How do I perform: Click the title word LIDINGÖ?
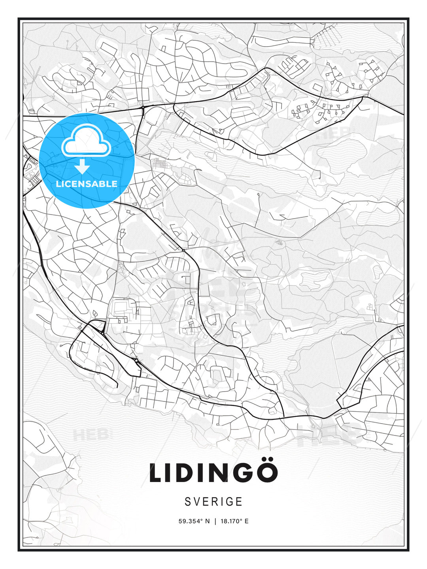[213, 473]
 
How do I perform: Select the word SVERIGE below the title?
[213, 501]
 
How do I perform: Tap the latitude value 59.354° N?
[194, 521]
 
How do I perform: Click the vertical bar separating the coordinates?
[215, 521]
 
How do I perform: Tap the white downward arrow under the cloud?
[82, 166]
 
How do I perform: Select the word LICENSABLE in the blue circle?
[87, 184]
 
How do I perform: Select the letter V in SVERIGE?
[197, 501]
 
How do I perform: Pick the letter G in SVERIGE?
[230, 501]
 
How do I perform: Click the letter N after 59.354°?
[208, 521]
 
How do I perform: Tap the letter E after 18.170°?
[247, 521]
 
